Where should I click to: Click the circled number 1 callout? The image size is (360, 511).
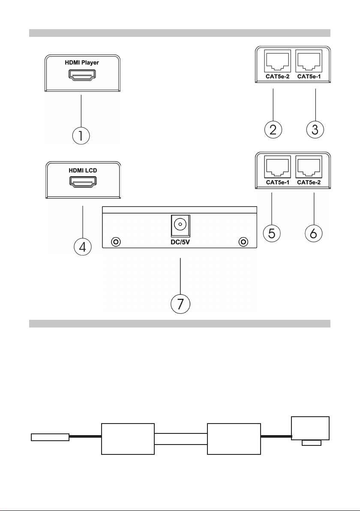click(81, 135)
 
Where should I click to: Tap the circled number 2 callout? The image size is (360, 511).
click(273, 129)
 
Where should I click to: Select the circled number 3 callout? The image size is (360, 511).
click(315, 129)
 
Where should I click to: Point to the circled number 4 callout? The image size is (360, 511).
click(83, 246)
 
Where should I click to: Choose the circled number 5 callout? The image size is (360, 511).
click(271, 233)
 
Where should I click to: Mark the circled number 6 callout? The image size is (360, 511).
click(313, 233)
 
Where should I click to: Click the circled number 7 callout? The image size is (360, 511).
click(180, 304)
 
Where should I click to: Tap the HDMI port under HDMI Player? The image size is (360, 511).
click(82, 75)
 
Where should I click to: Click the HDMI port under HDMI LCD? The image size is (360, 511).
click(83, 182)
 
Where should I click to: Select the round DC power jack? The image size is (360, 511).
click(179, 225)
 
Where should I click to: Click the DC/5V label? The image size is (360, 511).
click(180, 243)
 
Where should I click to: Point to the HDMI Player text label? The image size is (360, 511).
click(82, 63)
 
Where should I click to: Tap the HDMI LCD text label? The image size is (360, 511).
click(83, 170)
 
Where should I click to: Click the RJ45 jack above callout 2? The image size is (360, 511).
click(277, 61)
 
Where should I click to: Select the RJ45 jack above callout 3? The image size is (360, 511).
click(309, 61)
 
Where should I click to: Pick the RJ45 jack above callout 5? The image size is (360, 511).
click(277, 167)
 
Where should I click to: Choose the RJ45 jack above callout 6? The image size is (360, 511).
click(309, 167)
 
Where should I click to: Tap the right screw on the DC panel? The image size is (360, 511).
click(243, 242)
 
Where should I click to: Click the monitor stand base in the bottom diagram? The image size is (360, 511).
click(312, 442)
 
